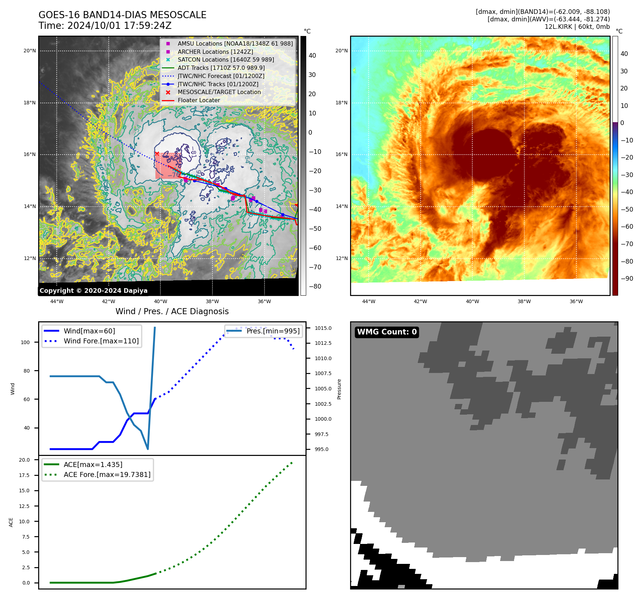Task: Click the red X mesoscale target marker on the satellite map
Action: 157,154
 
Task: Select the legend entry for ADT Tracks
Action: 221,68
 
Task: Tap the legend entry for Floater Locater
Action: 199,100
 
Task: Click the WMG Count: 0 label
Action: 387,332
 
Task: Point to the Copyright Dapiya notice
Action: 93,291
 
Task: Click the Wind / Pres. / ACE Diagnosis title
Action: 172,311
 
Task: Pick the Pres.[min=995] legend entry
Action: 273,331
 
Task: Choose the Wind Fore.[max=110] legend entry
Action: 101,341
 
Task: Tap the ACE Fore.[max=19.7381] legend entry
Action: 107,474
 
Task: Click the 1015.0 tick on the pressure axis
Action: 323,328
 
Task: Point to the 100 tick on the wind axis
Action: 25,342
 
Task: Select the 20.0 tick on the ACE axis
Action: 24,460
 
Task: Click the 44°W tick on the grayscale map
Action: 57,301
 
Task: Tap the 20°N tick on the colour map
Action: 341,51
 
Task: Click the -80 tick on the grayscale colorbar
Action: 315,286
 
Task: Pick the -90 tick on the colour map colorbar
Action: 627,279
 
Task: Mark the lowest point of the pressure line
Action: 148,449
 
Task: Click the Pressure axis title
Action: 339,389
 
